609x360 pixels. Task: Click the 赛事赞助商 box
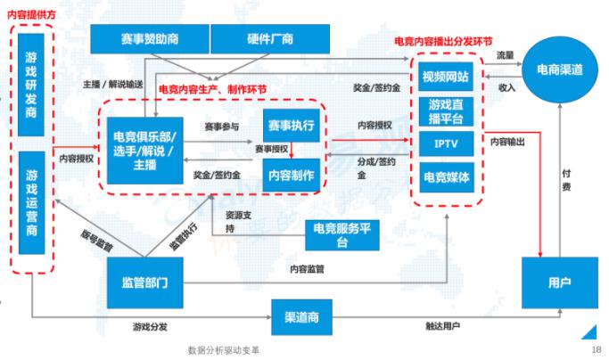pyautogui.click(x=150, y=39)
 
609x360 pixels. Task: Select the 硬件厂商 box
pyautogui.click(x=270, y=39)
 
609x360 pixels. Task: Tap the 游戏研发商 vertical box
pyautogui.click(x=31, y=85)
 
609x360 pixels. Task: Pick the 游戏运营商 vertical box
pyautogui.click(x=31, y=202)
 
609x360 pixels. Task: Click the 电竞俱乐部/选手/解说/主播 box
pyautogui.click(x=144, y=151)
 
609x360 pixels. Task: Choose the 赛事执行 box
pyautogui.click(x=292, y=126)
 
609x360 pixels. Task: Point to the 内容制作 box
pyautogui.click(x=292, y=176)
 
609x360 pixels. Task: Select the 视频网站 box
pyautogui.click(x=446, y=77)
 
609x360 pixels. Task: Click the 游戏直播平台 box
pyautogui.click(x=446, y=111)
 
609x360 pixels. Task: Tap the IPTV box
pyautogui.click(x=446, y=143)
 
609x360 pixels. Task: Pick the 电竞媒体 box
pyautogui.click(x=447, y=177)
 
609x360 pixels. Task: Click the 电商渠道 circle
pyautogui.click(x=560, y=70)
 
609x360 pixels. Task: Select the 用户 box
pyautogui.click(x=560, y=282)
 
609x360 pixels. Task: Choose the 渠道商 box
pyautogui.click(x=301, y=317)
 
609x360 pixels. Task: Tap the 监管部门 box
pyautogui.click(x=144, y=282)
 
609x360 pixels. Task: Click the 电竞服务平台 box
pyautogui.click(x=342, y=235)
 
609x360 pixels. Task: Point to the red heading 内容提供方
pyautogui.click(x=32, y=15)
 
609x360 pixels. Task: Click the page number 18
pyautogui.click(x=597, y=349)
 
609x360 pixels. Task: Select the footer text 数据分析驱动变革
pyautogui.click(x=223, y=350)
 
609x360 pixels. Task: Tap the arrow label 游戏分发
pyautogui.click(x=150, y=327)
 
